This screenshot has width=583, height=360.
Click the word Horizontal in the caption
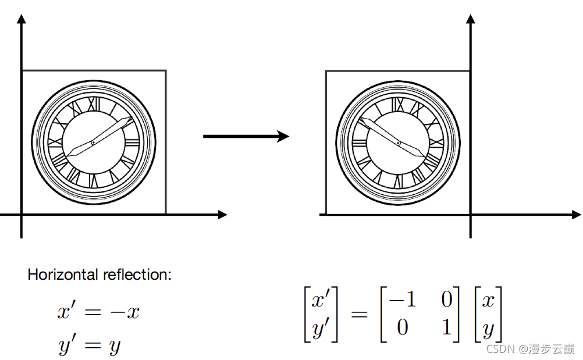coord(63,275)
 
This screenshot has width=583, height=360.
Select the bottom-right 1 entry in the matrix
coord(446,327)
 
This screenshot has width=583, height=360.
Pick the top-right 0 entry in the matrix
coord(446,300)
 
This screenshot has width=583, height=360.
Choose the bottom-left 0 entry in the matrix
coord(403,327)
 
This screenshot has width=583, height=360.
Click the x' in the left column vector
coord(321,300)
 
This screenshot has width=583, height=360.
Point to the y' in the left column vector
coord(321,329)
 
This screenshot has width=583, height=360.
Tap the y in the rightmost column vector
coord(488,330)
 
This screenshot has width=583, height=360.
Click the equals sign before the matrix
coord(359,315)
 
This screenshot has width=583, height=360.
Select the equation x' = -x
coord(98,312)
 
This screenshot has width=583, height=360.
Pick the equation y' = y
coord(90,345)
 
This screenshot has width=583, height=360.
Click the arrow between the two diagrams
coord(246,137)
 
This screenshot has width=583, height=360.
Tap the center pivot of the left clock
coord(93,142)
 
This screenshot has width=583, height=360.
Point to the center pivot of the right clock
coord(399,142)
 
